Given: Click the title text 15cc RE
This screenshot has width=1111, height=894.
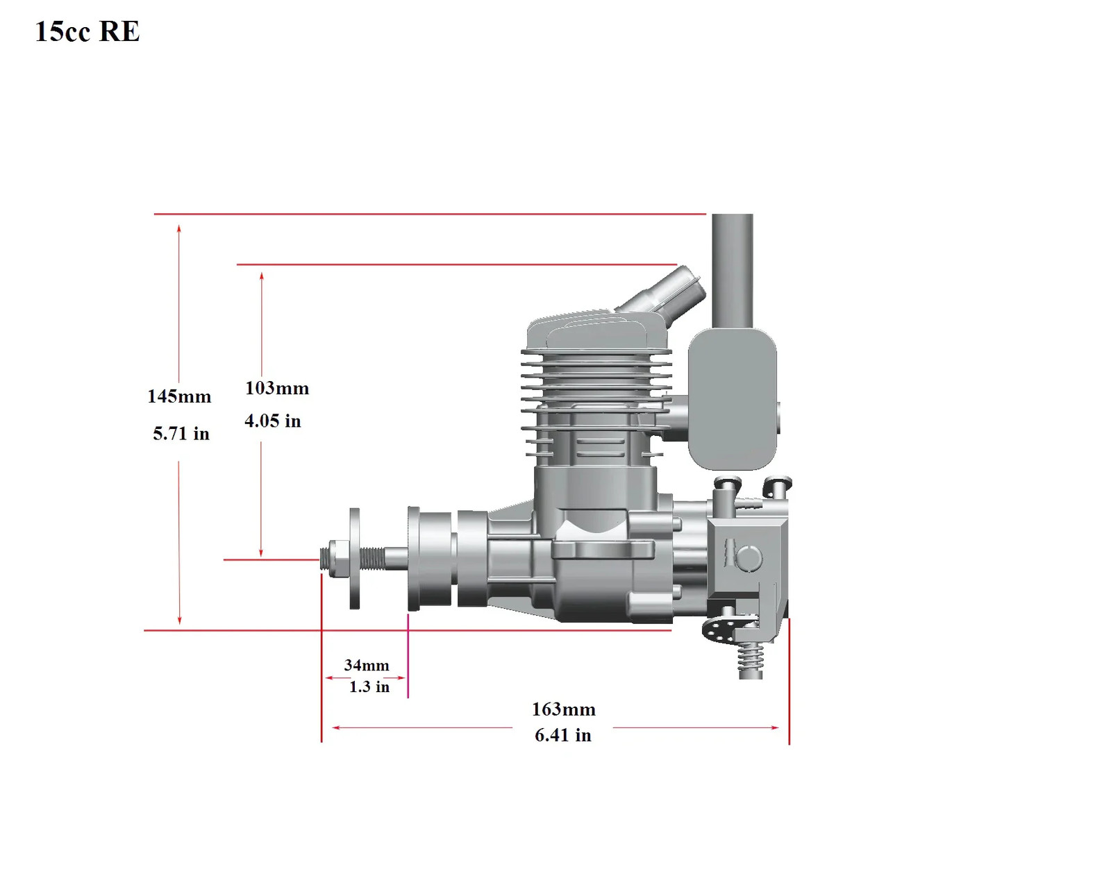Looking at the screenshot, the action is (87, 31).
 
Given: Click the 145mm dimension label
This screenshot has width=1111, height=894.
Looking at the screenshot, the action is (179, 396).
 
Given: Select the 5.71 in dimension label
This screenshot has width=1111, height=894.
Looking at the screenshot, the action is (181, 434).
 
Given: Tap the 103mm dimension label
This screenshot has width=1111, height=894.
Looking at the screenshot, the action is (277, 388).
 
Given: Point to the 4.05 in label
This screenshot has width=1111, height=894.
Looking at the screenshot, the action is (273, 421).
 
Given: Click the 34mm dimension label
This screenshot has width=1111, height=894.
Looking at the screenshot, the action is (367, 666).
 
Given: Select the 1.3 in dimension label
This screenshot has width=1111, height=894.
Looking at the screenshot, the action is (369, 687).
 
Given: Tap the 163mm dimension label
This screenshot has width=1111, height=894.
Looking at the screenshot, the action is (564, 710).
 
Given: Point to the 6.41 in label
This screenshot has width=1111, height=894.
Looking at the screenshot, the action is (562, 735).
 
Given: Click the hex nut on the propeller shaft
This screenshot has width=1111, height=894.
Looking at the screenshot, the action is (337, 559).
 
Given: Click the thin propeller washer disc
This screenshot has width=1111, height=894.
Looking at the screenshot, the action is (355, 559).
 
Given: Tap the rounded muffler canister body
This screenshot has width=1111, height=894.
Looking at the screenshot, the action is (733, 399).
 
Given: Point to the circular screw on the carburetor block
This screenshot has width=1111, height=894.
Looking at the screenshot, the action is (748, 557).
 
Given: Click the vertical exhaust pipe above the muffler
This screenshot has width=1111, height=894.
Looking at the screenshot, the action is (732, 271).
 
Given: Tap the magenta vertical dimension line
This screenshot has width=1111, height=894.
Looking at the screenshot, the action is (408, 655).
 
